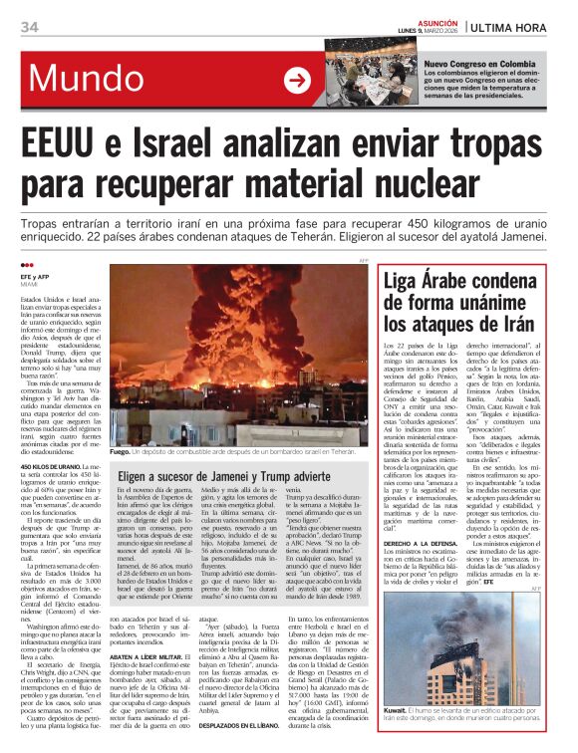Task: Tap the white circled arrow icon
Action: (x=296, y=81)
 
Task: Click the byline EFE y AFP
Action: (x=35, y=274)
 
